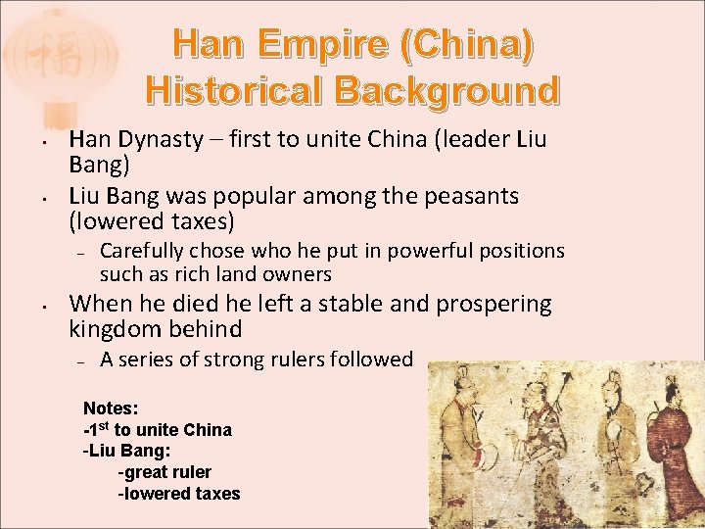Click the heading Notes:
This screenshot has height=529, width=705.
point(111,408)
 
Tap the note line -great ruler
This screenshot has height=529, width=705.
point(164,472)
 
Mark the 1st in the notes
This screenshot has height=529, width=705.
point(98,429)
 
